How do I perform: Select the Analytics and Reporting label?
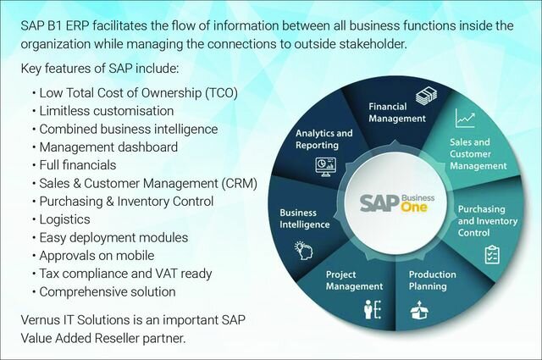pyautogui.click(x=324, y=140)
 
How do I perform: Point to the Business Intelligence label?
pyautogui.click(x=303, y=219)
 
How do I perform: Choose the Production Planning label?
pyautogui.click(x=433, y=280)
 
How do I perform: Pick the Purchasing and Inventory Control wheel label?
pyautogui.click(x=481, y=220)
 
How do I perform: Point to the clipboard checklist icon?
pyautogui.click(x=491, y=254)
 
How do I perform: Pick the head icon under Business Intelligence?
pyautogui.click(x=301, y=248)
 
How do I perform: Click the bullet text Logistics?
pyautogui.click(x=63, y=219)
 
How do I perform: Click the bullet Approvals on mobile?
pyautogui.click(x=96, y=255)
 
